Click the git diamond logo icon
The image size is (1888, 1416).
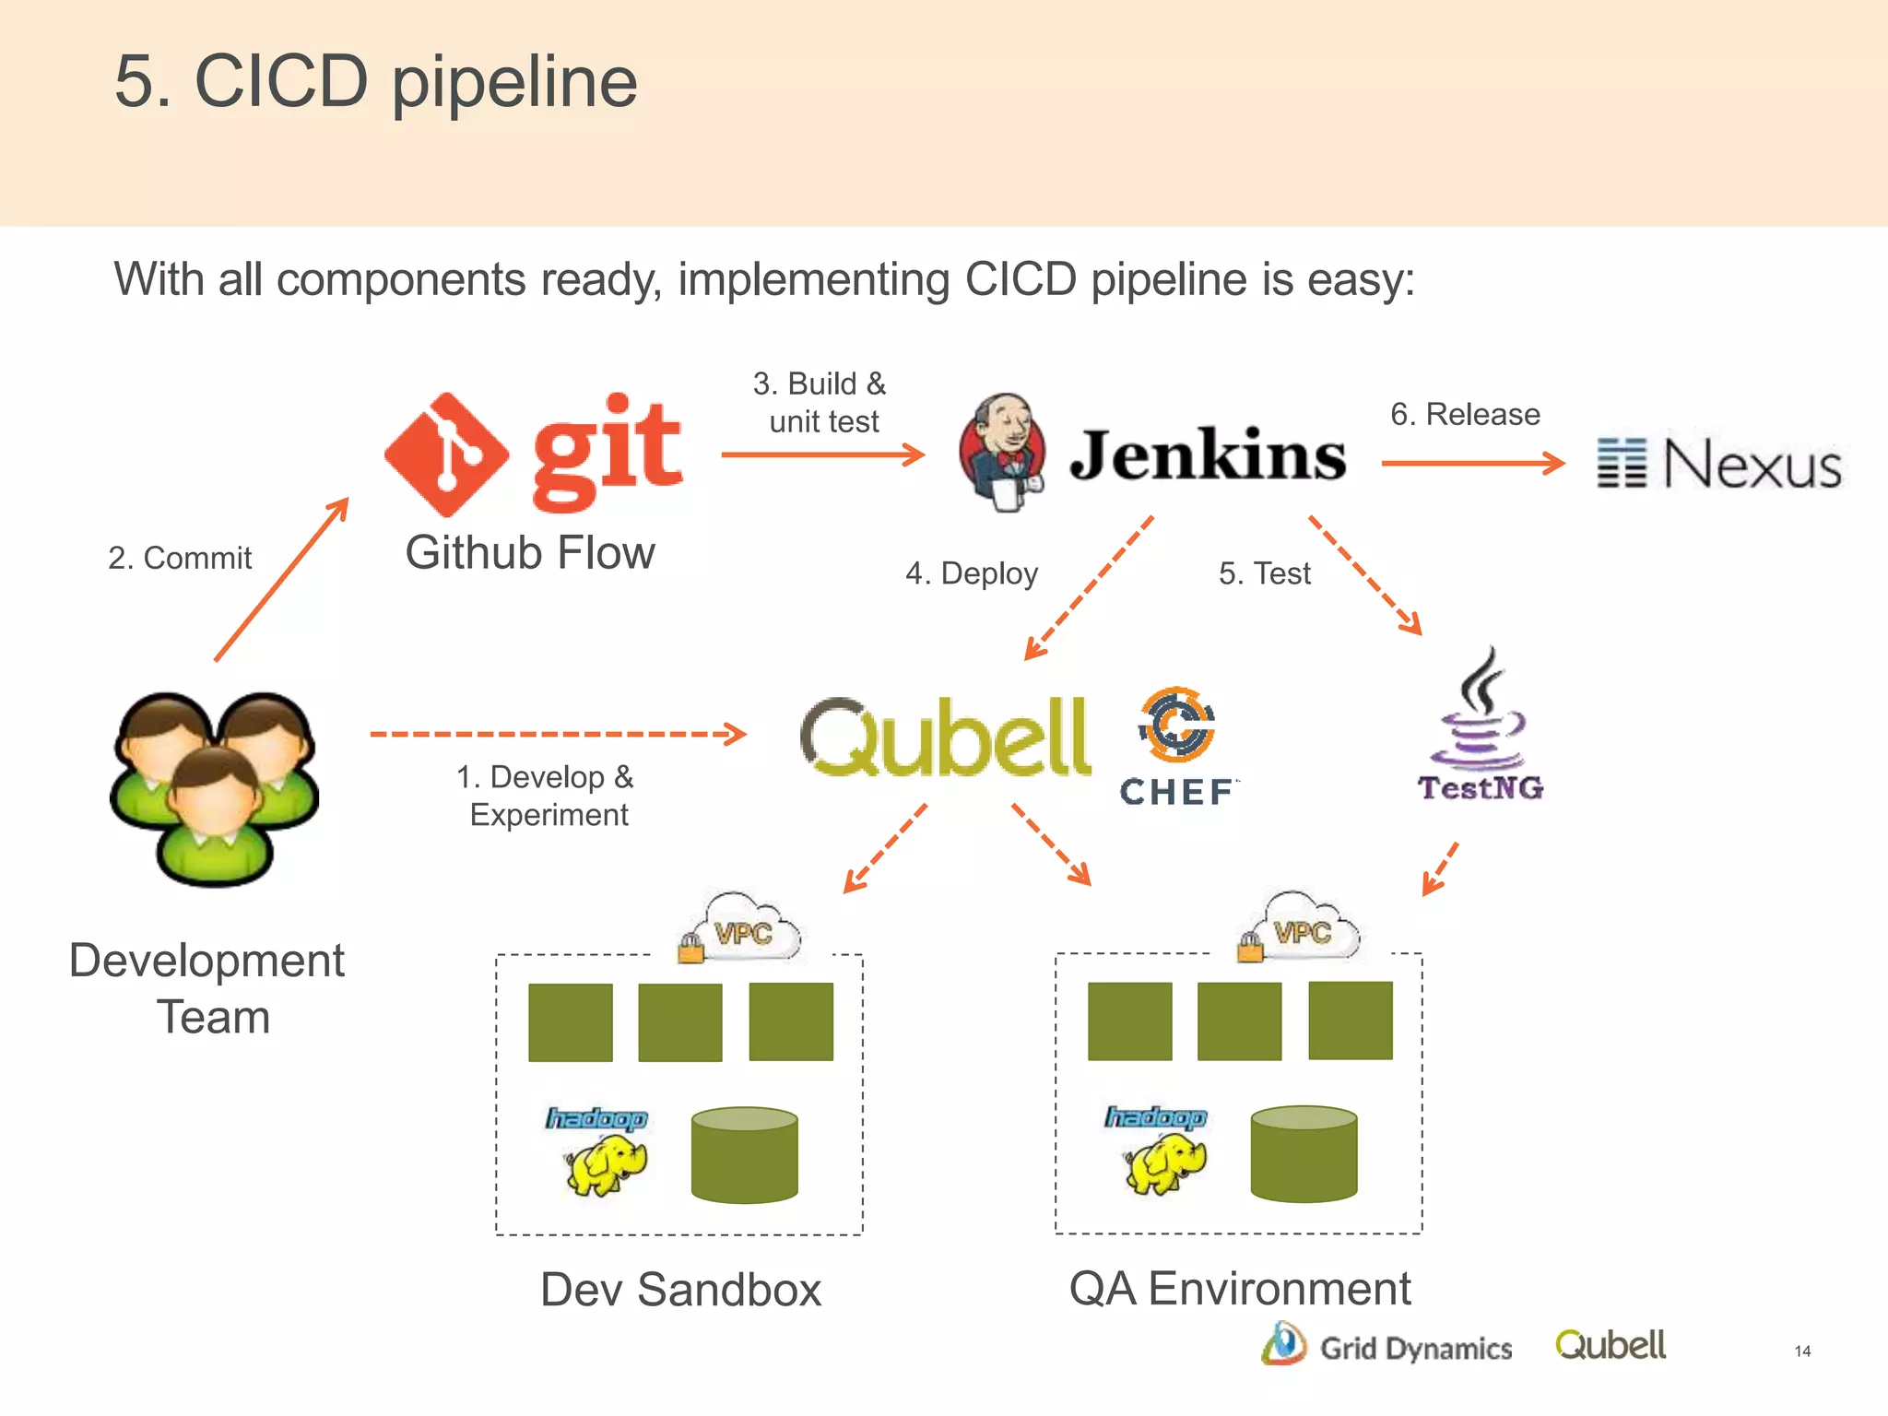[446, 454]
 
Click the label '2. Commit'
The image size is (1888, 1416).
[180, 558]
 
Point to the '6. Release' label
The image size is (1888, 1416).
[1465, 414]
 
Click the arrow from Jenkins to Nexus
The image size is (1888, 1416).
[1472, 463]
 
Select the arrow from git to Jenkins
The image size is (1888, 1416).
[822, 454]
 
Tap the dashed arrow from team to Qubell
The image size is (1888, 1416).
[557, 734]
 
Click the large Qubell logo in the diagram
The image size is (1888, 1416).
[946, 737]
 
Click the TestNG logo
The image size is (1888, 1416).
[1480, 728]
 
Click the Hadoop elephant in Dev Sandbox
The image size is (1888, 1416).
[604, 1163]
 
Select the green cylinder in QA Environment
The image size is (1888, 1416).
[1304, 1154]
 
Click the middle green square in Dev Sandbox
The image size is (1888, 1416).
[680, 1022]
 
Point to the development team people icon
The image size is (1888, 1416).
[215, 788]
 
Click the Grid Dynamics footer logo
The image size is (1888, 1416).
[1387, 1347]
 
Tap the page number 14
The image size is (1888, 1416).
[1802, 1351]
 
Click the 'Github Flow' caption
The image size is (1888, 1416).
[530, 553]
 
